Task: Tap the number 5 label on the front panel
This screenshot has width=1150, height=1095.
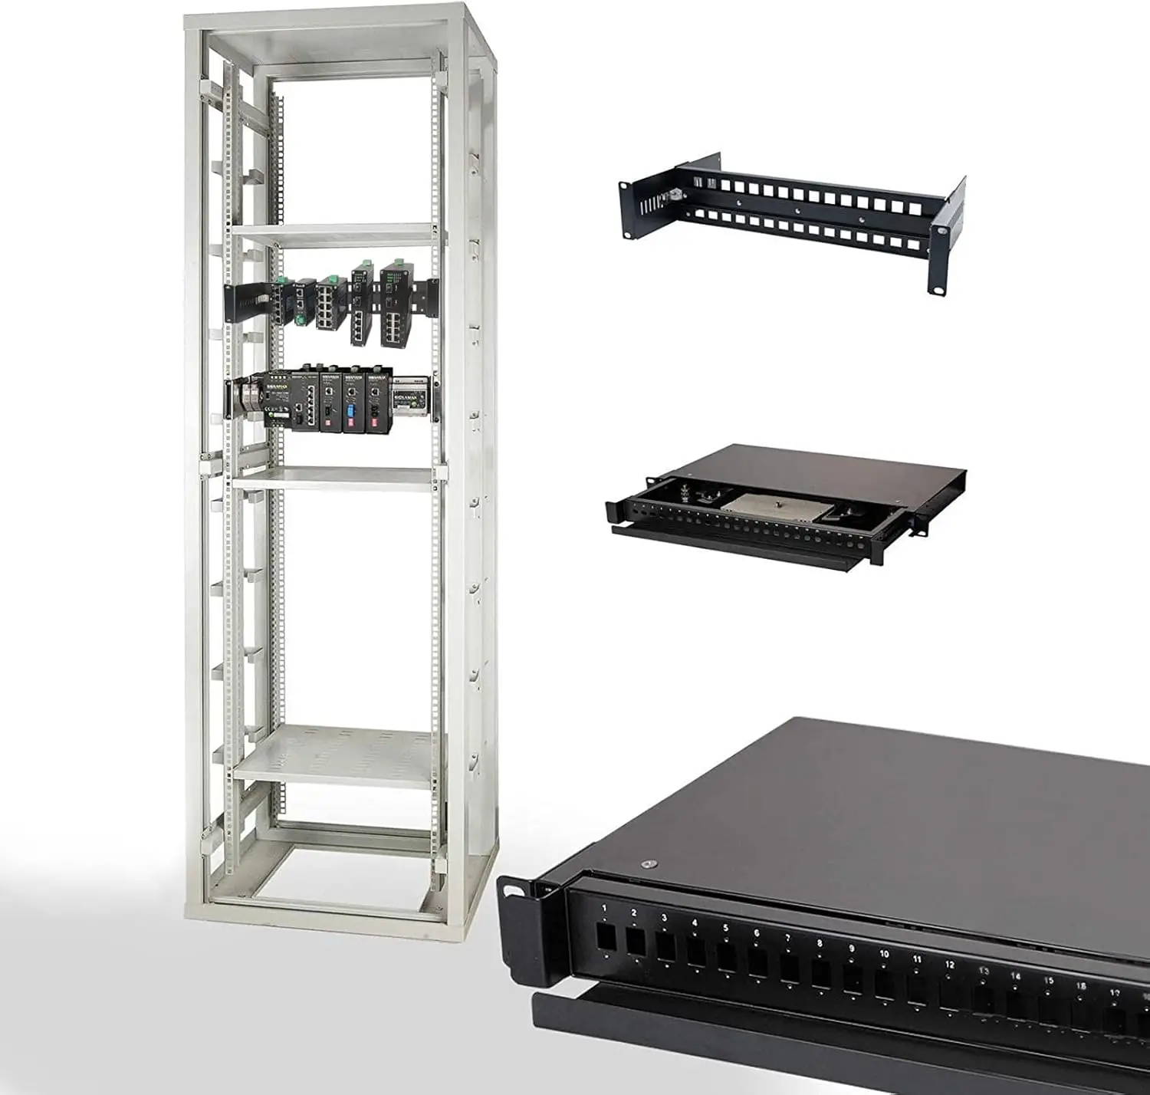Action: [725, 928]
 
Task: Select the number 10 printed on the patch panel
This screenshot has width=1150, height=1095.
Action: [884, 954]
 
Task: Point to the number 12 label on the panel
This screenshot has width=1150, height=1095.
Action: [950, 965]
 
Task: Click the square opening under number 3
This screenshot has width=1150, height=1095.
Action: [665, 948]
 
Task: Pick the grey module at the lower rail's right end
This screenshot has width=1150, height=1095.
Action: [409, 396]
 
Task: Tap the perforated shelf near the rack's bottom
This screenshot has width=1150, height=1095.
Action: [337, 755]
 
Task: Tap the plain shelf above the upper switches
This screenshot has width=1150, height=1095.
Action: [337, 234]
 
